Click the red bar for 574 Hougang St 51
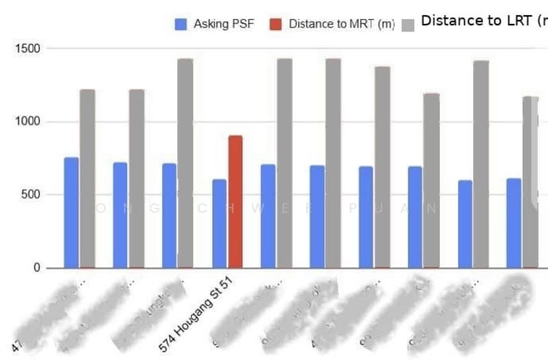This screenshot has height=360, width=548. tap(235, 202)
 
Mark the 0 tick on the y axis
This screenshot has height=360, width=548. tap(38, 268)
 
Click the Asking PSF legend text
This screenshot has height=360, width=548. tap(223, 24)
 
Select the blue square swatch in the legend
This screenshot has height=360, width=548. tap(181, 24)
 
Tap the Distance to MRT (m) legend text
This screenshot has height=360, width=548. tap(341, 24)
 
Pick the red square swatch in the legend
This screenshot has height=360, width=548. tap(275, 24)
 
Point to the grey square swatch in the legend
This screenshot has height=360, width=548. tap(408, 25)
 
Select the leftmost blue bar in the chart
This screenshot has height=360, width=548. tap(71, 213)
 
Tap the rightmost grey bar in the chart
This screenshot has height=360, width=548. tap(530, 182)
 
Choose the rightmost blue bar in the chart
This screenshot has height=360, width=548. tap(514, 223)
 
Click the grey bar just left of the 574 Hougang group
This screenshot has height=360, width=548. tap(185, 164)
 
